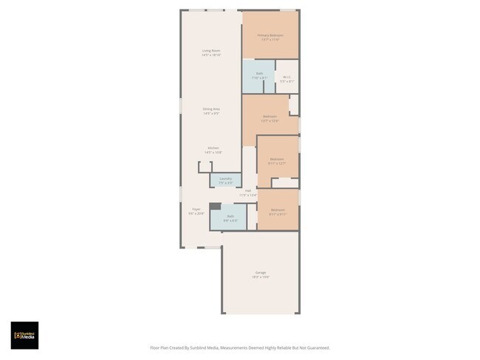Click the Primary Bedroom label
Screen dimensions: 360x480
pos(270,35)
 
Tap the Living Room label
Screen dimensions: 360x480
pos(212,51)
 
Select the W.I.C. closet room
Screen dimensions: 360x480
pos(287,77)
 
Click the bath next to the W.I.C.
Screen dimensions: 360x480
pos(259,76)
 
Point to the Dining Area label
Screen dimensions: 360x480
pos(212,109)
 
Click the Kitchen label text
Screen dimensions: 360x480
pos(213,148)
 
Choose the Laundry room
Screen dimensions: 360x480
pos(225,180)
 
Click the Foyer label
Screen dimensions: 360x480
pos(196,210)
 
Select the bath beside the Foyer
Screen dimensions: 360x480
pos(230,218)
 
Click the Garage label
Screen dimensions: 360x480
pos(261,272)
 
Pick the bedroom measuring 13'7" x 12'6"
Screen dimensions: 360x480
pos(270,118)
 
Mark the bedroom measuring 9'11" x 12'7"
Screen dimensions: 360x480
pos(277,162)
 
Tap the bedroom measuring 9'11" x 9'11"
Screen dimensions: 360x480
pos(278,212)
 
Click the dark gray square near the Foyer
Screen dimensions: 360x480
pos(214,207)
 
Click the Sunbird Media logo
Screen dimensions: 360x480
pos(24,335)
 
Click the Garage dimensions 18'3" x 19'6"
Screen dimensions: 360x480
pos(261,277)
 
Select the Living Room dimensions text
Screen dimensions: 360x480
pos(212,55)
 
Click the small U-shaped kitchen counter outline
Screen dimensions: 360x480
pos(205,167)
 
